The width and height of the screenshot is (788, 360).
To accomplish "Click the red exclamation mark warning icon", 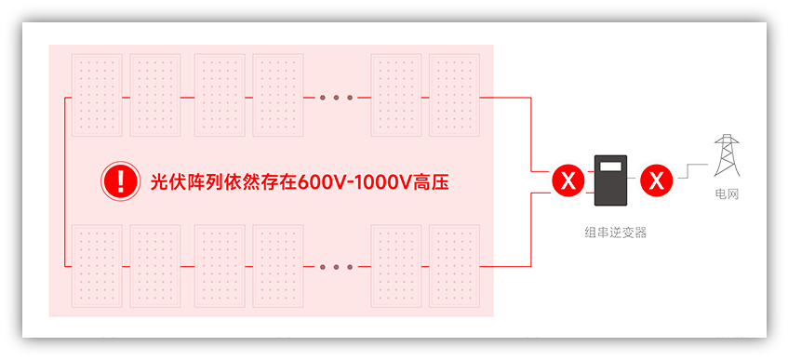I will pyautogui.click(x=118, y=180).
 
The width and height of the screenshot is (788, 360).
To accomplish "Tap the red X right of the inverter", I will pyautogui.click(x=657, y=180).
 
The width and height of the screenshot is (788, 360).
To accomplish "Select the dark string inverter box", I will pyautogui.click(x=611, y=180).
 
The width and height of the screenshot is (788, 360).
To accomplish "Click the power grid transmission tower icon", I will pyautogui.click(x=727, y=155).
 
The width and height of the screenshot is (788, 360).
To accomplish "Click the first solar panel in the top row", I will pyautogui.click(x=97, y=96).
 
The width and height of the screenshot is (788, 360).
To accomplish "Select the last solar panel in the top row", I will pyautogui.click(x=454, y=96).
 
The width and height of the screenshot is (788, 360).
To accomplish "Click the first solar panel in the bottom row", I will pyautogui.click(x=97, y=266).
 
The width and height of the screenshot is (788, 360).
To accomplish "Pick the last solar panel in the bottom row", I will pyautogui.click(x=454, y=266).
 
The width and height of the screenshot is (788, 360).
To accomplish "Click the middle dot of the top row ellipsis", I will pyautogui.click(x=336, y=97).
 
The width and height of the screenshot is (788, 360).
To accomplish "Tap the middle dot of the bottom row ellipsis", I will pyautogui.click(x=336, y=267).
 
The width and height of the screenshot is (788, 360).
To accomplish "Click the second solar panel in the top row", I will pyautogui.click(x=155, y=96).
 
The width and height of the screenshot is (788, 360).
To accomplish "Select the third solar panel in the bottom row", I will pyautogui.click(x=220, y=266).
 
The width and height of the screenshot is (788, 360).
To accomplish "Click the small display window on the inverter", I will pyautogui.click(x=611, y=167).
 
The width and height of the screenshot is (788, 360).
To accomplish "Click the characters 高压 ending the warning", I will pyautogui.click(x=431, y=180).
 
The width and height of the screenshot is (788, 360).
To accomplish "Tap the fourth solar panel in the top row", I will pyautogui.click(x=278, y=96).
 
